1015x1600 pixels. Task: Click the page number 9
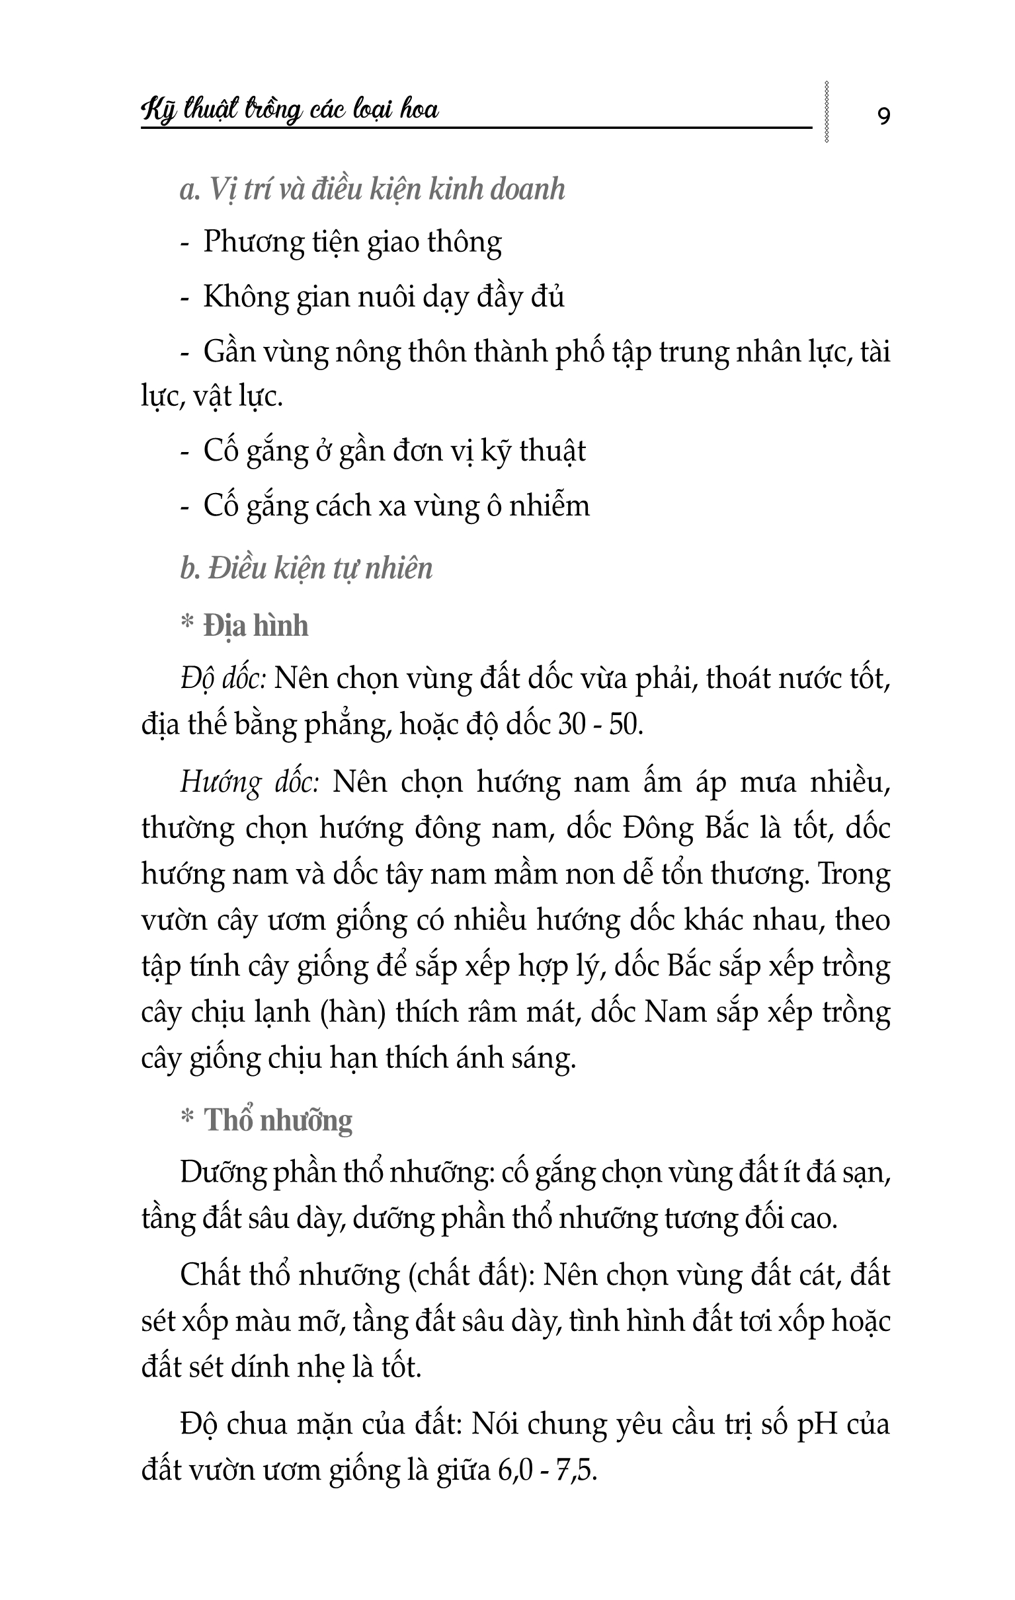click(x=883, y=116)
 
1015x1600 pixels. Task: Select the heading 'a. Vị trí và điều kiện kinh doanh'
click(x=372, y=190)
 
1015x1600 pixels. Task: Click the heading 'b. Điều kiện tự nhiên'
click(x=306, y=569)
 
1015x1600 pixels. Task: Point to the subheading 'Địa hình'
click(x=256, y=626)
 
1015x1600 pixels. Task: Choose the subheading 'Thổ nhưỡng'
click(x=278, y=1120)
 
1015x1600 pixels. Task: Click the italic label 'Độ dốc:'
click(x=223, y=679)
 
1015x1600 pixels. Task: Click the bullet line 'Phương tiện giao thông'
click(x=352, y=242)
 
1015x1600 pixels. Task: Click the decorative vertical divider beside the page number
click(x=827, y=112)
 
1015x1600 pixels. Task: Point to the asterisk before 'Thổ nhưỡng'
click(x=186, y=1118)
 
